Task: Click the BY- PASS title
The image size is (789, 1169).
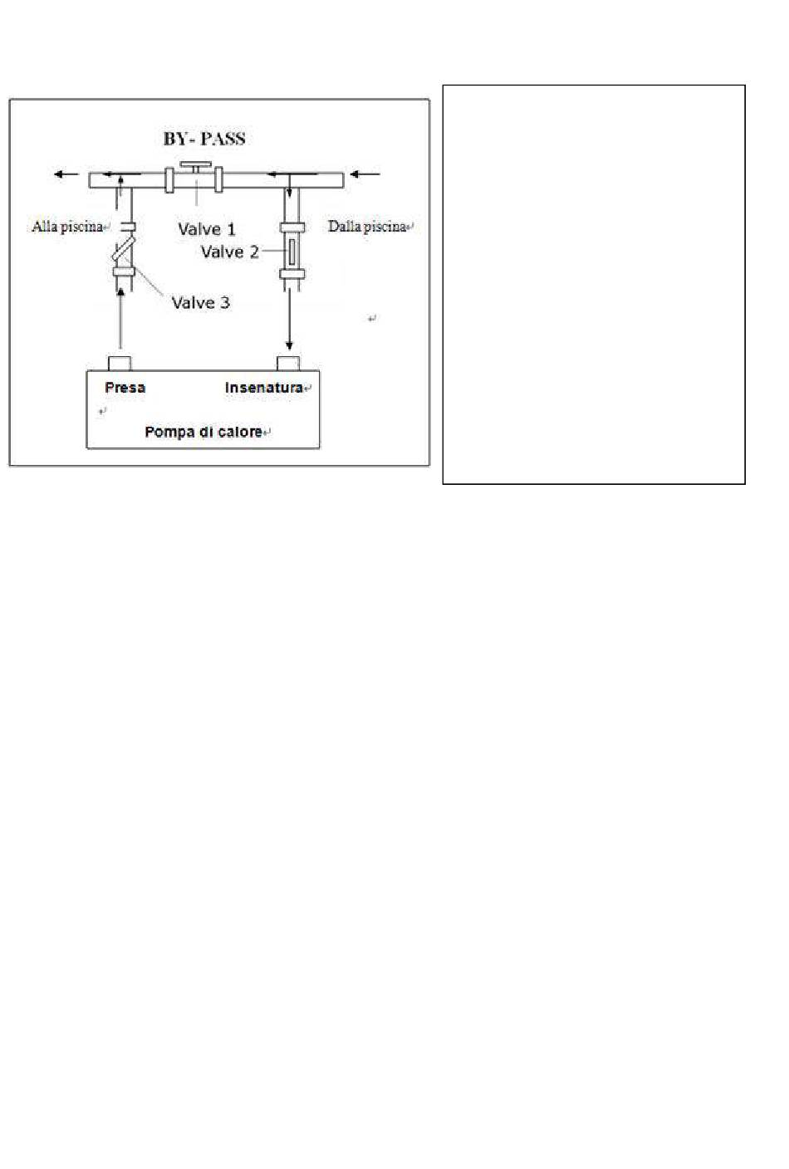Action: click(x=204, y=139)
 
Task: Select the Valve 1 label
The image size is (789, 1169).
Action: click(x=207, y=229)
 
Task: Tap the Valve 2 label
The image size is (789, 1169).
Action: click(x=230, y=252)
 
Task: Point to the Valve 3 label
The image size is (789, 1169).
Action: click(x=200, y=303)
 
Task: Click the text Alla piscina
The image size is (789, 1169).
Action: click(x=67, y=227)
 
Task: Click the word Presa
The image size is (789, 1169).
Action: click(x=125, y=388)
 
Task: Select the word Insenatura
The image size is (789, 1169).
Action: click(x=264, y=388)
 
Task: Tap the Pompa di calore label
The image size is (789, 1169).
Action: click(x=203, y=432)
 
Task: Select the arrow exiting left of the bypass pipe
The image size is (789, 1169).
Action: click(x=66, y=174)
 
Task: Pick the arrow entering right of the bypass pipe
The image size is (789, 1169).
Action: click(x=365, y=174)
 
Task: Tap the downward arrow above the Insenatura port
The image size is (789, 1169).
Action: click(x=289, y=318)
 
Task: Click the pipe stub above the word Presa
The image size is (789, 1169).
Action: click(x=120, y=363)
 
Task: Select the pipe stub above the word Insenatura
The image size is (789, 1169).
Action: click(x=288, y=363)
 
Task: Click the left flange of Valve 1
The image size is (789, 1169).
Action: click(x=169, y=180)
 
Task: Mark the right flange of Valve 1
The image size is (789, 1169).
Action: click(x=218, y=180)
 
